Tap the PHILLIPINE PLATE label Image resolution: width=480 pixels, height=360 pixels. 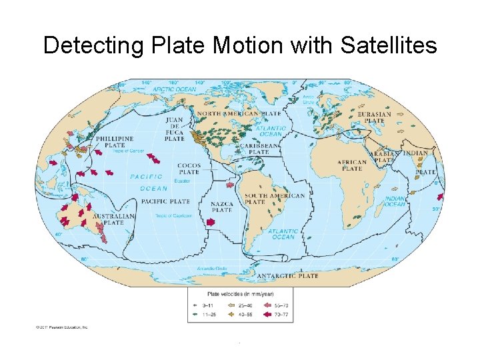(x=114, y=141)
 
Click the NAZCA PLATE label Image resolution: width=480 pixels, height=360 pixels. (x=222, y=206)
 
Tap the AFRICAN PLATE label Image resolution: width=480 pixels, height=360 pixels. (x=352, y=165)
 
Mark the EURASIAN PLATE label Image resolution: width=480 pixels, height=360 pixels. (x=374, y=117)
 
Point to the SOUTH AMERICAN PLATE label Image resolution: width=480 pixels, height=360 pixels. (x=274, y=199)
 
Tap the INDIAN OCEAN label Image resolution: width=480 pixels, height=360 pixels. (x=395, y=201)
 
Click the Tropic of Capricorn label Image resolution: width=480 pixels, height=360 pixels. (x=174, y=215)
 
